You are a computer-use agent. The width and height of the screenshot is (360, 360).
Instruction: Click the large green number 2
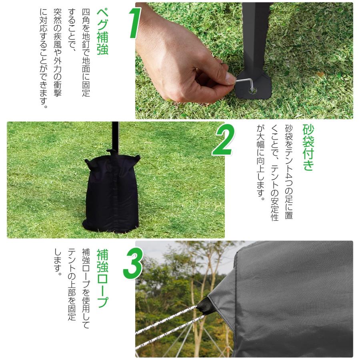click(222, 140)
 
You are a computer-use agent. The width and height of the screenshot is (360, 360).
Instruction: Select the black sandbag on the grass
click(111, 192)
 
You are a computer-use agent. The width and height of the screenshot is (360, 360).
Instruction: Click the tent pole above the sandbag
click(115, 136)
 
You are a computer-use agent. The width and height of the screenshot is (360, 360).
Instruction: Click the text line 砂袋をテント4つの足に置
click(288, 172)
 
